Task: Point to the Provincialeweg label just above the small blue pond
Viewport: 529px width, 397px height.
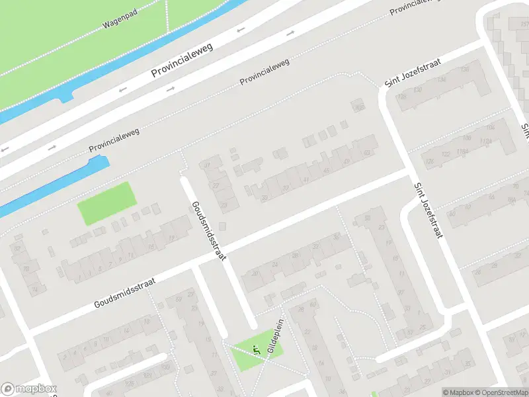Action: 113,146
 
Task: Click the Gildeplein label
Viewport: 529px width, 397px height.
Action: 276,343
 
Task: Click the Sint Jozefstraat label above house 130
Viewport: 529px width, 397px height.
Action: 413,74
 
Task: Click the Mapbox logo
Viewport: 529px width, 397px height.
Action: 29,389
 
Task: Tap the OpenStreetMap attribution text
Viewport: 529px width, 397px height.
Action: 500,392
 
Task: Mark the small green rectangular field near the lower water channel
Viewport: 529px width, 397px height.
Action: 106,202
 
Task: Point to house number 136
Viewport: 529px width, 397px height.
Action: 464,70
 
